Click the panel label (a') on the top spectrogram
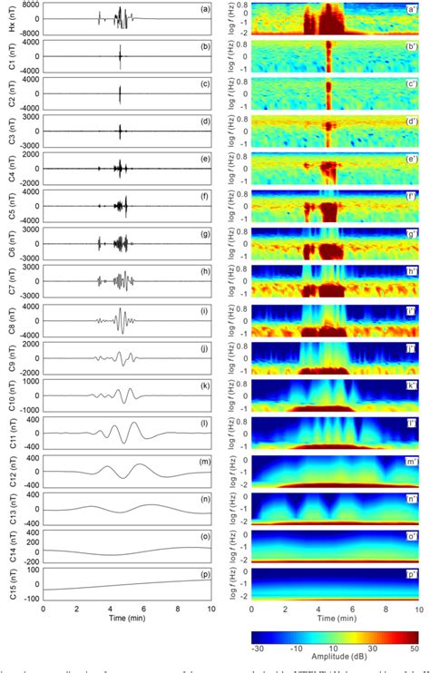point(409,9)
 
